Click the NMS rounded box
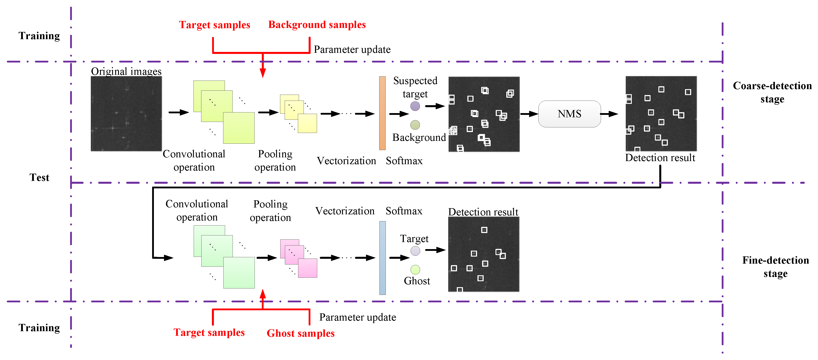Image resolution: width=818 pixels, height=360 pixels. (x=569, y=114)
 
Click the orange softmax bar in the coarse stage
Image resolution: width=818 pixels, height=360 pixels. (x=382, y=113)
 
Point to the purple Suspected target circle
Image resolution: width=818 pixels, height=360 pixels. (x=415, y=106)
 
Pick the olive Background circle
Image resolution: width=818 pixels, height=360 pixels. (x=415, y=125)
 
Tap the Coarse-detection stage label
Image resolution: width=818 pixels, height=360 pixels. (x=772, y=92)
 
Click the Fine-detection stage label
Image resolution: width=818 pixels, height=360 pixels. (x=775, y=266)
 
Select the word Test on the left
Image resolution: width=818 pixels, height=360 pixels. (x=39, y=177)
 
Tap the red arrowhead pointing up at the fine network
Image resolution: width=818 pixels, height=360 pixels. (x=263, y=294)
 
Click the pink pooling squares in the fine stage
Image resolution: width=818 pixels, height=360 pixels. (x=299, y=258)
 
